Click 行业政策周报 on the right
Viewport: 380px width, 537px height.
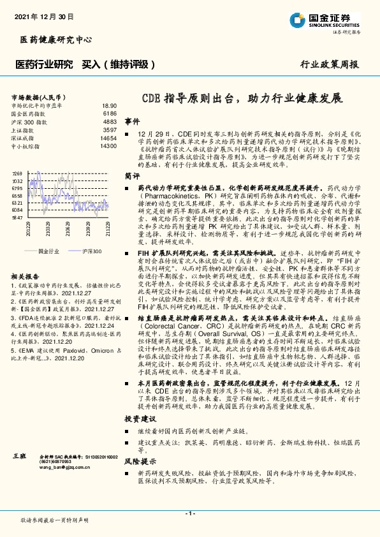329,65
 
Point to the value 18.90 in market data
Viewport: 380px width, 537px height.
109,105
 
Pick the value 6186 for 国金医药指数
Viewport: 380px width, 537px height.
110,113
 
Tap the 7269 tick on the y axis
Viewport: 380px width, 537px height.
17,173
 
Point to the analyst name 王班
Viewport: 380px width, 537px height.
20,457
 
